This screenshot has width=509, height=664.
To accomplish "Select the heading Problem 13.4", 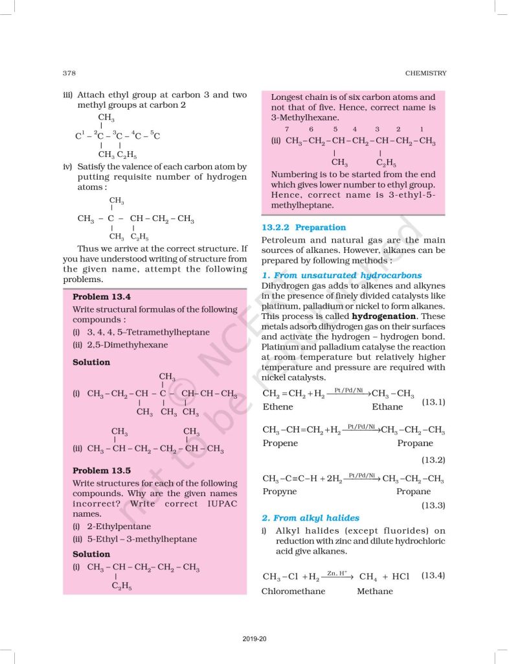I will coord(102,296).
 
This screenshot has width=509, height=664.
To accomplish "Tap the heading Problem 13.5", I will coord(102,470).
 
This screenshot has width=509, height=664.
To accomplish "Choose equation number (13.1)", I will coord(433,403).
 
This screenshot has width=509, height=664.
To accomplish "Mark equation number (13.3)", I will coord(433,504).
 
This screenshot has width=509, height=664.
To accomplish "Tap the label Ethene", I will coord(278,407).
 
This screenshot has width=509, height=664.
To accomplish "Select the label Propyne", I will coord(280,492).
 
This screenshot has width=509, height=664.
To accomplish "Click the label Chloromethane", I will coord(293,591).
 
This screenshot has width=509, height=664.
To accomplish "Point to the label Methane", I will coord(374,591).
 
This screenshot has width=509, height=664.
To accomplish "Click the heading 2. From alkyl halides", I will coord(304,517).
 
